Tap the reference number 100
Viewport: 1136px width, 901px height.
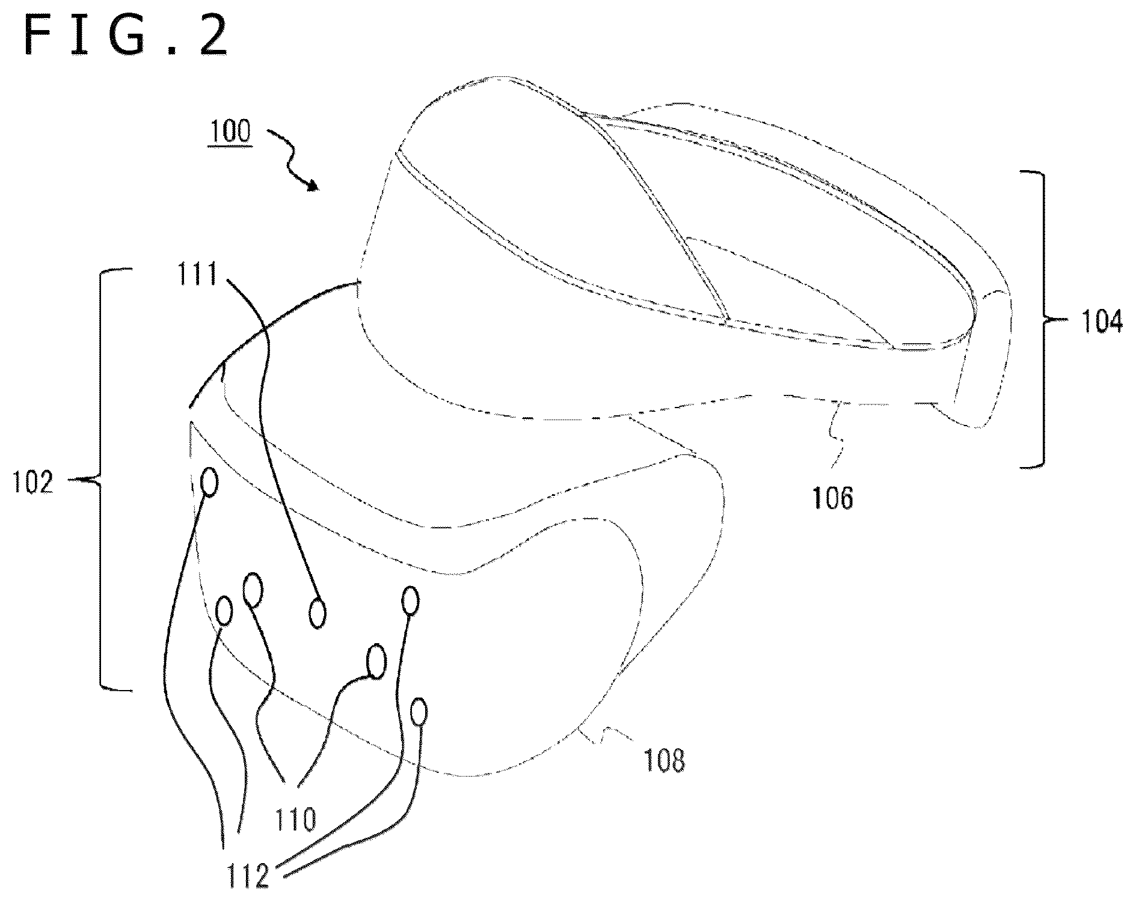coord(230,130)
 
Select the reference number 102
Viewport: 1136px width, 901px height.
coord(34,481)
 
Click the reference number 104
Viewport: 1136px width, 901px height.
coord(1102,323)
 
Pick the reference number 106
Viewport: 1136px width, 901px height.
coord(834,498)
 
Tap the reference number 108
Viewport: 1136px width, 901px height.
coord(664,760)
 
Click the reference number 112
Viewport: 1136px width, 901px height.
coord(249,876)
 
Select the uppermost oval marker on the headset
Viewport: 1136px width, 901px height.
coord(209,482)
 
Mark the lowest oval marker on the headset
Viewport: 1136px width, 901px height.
coord(419,712)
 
